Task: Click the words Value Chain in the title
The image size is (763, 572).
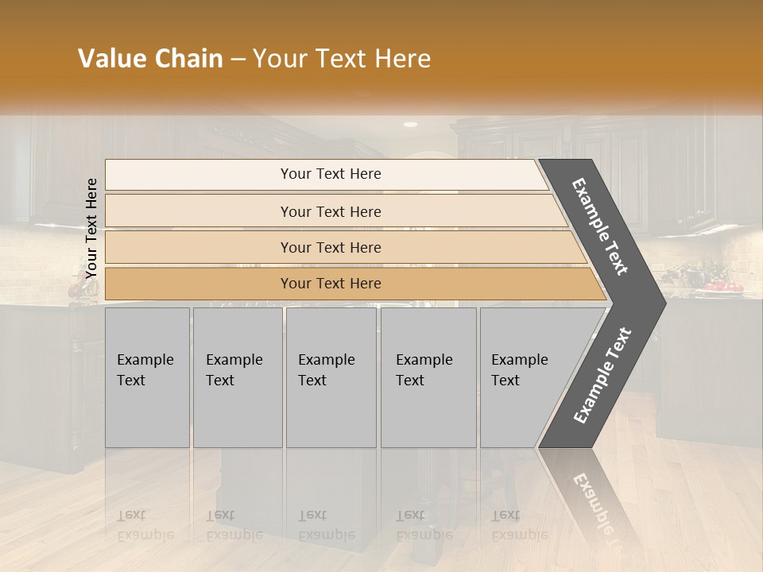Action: click(x=150, y=59)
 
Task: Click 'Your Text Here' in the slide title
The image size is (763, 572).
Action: click(x=341, y=59)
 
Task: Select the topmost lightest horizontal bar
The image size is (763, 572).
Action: click(x=326, y=174)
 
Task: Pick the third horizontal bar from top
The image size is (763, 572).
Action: click(x=342, y=247)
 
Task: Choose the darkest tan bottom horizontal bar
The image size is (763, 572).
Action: click(x=350, y=284)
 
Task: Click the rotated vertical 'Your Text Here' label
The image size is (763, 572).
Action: click(x=91, y=228)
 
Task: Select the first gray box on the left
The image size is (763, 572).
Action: click(x=147, y=377)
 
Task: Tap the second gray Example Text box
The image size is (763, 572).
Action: click(x=237, y=377)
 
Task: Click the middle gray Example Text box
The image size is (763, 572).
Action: click(x=331, y=377)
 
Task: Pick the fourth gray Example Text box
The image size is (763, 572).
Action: click(x=428, y=377)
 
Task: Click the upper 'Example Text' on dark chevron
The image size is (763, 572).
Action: click(x=601, y=226)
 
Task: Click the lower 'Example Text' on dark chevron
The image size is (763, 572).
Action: click(x=602, y=375)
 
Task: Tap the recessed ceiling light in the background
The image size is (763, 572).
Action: click(x=410, y=125)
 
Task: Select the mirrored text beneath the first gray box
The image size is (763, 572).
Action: click(x=145, y=524)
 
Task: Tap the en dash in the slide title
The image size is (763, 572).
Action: click(x=238, y=59)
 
